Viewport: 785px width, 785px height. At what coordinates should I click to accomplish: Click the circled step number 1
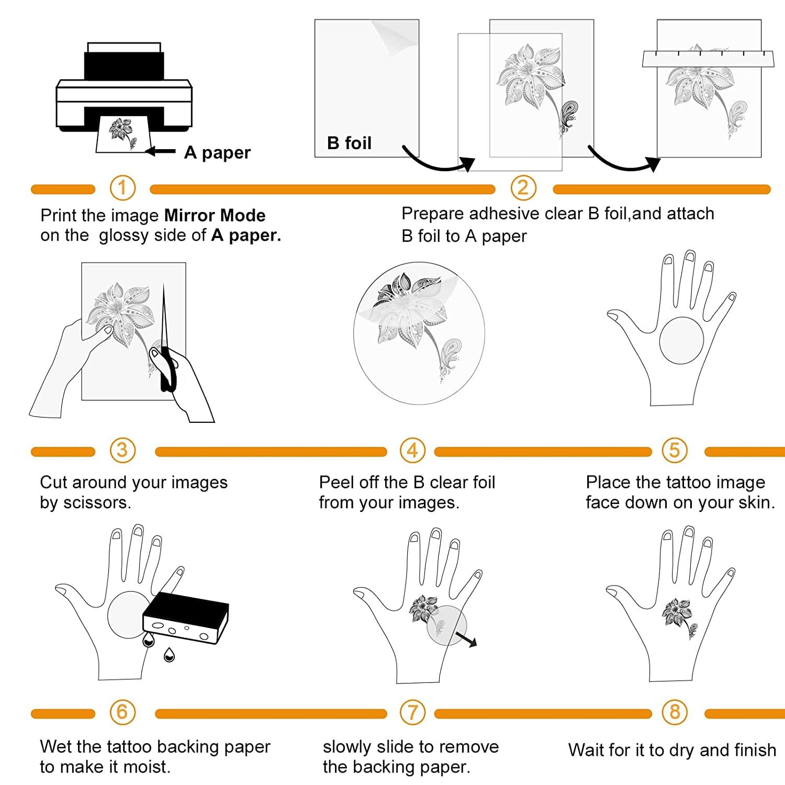coord(122,188)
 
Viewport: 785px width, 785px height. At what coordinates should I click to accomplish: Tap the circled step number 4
coord(412,451)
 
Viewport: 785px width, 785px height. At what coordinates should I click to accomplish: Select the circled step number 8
coord(675,712)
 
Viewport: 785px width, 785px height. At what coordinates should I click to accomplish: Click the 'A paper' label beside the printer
coord(217,152)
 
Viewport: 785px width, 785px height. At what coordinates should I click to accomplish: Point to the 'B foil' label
coord(349,143)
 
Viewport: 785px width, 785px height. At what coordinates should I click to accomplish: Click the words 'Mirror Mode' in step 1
coord(215,216)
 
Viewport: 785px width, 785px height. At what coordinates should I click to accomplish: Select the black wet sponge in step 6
coord(186,618)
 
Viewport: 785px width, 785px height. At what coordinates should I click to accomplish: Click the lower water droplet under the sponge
coord(169,655)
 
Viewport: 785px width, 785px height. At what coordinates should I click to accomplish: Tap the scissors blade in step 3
coord(164,319)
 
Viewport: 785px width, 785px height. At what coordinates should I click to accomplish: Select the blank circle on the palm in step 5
coord(681,340)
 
